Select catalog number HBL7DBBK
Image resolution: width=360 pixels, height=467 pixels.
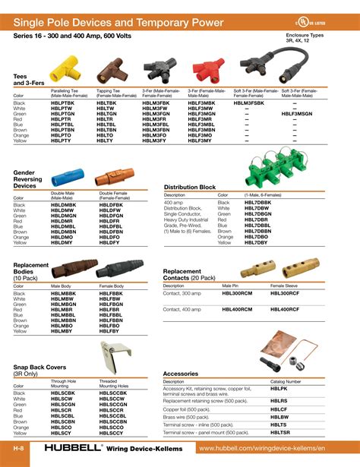[x=257, y=203]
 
